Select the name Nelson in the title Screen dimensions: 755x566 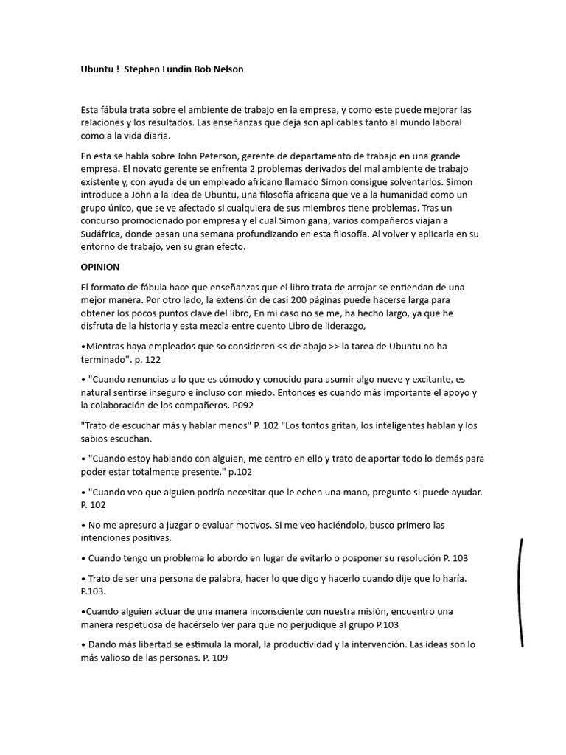point(227,69)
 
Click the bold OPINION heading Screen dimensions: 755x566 point(100,267)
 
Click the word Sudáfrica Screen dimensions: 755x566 point(105,234)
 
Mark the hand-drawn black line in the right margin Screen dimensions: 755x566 point(522,592)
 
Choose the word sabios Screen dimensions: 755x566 point(95,439)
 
